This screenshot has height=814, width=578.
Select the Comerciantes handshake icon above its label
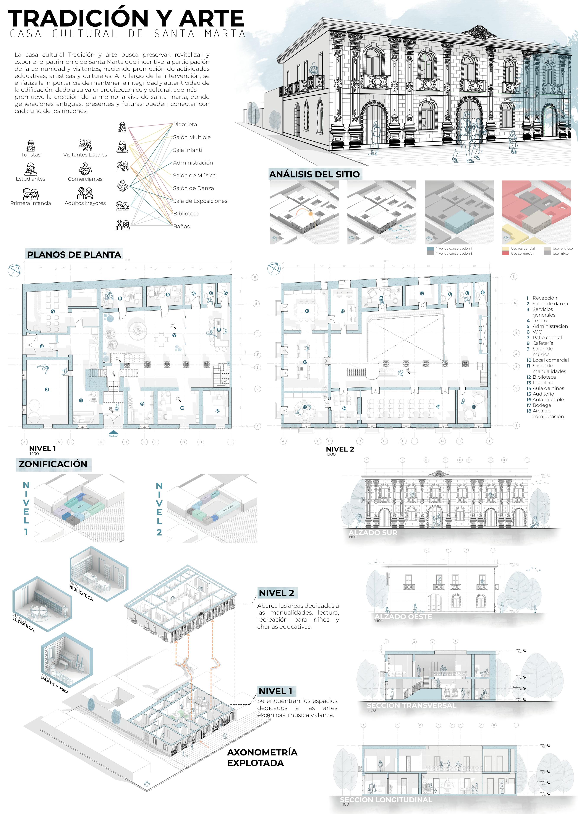pyautogui.click(x=85, y=169)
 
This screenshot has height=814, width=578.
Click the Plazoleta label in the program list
pyautogui.click(x=185, y=124)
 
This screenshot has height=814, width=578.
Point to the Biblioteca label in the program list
pyautogui.click(x=186, y=214)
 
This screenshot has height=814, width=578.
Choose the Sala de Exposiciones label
pyautogui.click(x=200, y=201)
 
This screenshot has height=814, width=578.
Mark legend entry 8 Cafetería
pyautogui.click(x=540, y=343)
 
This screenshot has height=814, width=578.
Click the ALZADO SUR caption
pyautogui.click(x=373, y=533)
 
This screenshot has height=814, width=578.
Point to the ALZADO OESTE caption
pyautogui.click(x=403, y=617)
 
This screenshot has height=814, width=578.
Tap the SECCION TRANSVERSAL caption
pyautogui.click(x=411, y=705)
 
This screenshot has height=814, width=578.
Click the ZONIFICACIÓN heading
pyautogui.click(x=53, y=464)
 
